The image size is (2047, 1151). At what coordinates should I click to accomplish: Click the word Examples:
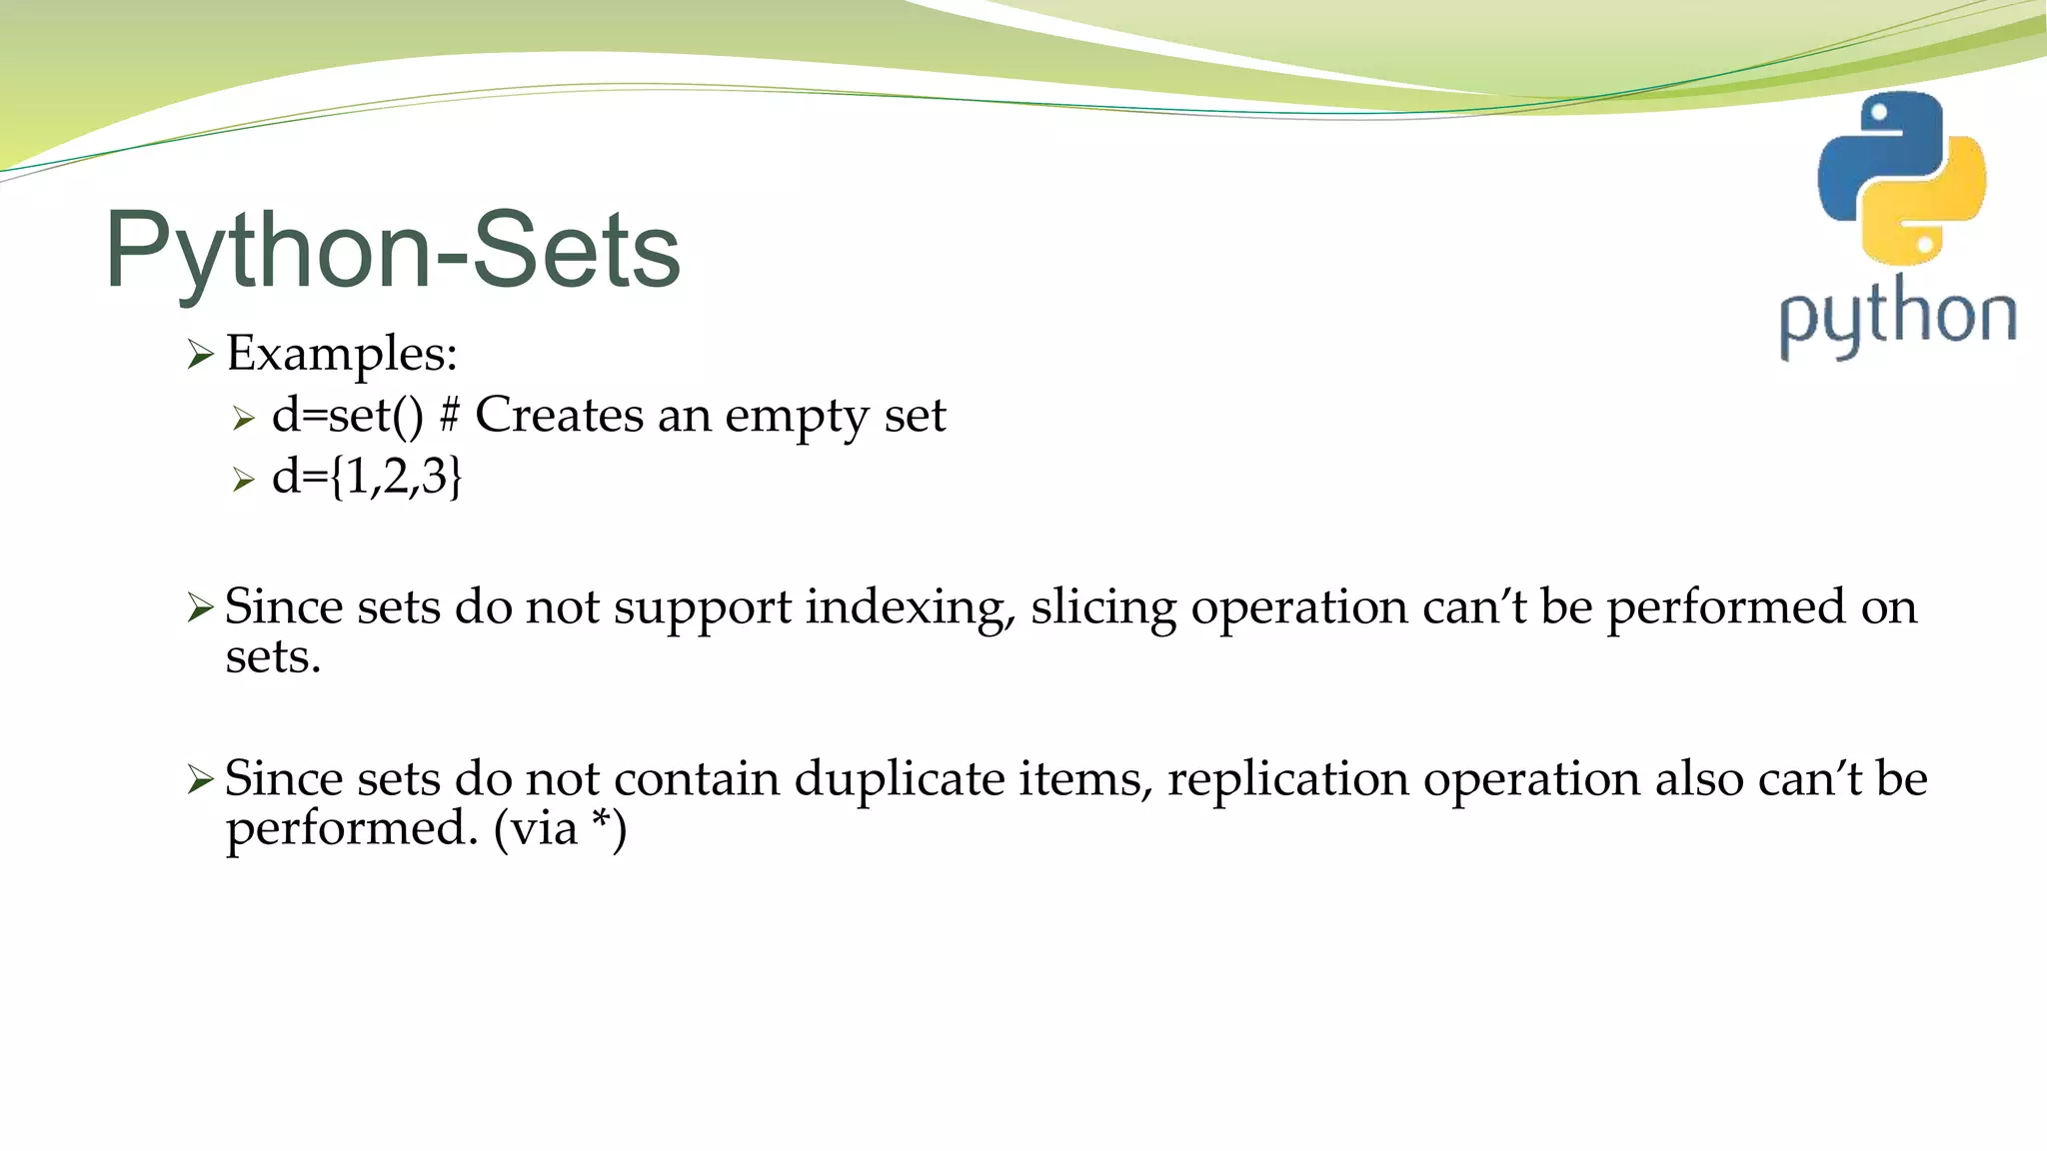(342, 354)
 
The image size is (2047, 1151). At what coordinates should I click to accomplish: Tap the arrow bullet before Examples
(201, 354)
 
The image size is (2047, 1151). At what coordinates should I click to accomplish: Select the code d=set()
(348, 416)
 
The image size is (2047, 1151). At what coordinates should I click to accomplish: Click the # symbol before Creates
(450, 414)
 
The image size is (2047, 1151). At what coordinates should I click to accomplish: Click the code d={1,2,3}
(367, 477)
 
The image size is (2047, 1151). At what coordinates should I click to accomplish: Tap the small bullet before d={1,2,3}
(244, 480)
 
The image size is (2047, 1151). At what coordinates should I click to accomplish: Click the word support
(702, 608)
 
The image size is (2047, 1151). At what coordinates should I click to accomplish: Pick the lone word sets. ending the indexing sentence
(273, 657)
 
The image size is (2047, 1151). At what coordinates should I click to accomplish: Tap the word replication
(1287, 780)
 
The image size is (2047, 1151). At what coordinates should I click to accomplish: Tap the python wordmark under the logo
(1897, 318)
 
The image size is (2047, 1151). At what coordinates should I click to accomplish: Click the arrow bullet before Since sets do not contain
(201, 779)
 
